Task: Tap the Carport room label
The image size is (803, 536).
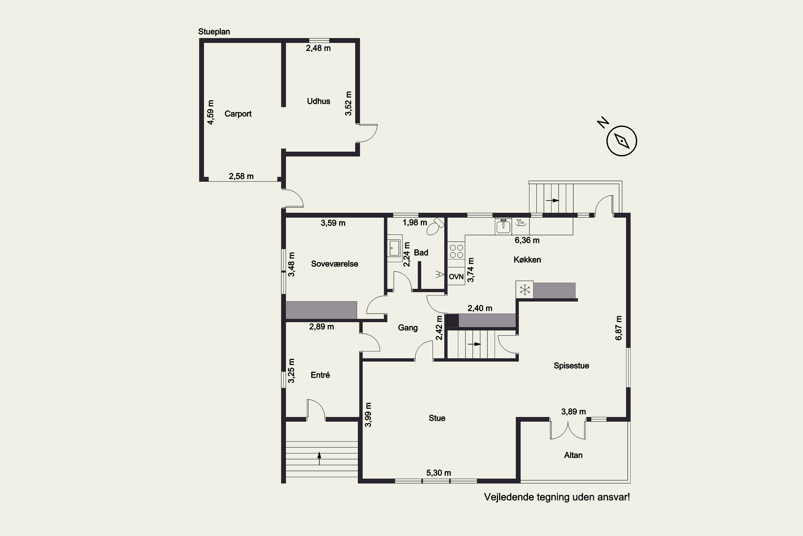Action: click(x=238, y=114)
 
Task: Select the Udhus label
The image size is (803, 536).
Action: click(x=319, y=101)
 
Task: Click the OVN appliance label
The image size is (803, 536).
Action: click(x=456, y=277)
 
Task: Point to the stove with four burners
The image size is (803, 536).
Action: click(x=456, y=251)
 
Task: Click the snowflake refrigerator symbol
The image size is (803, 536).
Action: click(x=525, y=290)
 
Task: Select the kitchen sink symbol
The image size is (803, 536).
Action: click(x=503, y=226)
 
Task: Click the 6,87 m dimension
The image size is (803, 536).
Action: click(x=618, y=328)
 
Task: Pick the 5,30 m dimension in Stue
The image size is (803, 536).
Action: click(x=439, y=473)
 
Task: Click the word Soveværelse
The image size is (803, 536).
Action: click(x=335, y=264)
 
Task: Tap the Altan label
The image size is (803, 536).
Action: click(x=573, y=455)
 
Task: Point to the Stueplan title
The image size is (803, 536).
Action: click(x=214, y=32)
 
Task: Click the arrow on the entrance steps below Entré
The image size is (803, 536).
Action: click(x=319, y=458)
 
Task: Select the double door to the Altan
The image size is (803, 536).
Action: click(x=568, y=430)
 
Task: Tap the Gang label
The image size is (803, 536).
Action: click(x=408, y=328)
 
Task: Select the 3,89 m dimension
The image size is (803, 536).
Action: click(x=574, y=412)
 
